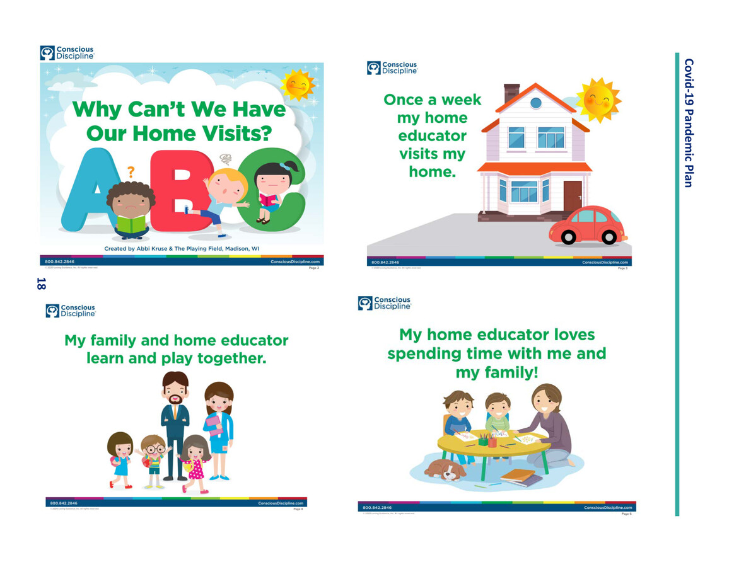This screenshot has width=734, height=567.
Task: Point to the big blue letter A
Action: tap(83, 189)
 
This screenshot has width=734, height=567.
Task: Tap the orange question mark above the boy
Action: tap(131, 172)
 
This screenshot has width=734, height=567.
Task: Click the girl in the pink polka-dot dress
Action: tap(195, 462)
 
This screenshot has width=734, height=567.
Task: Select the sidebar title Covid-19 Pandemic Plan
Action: tap(689, 123)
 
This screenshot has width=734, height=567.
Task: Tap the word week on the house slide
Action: tap(460, 100)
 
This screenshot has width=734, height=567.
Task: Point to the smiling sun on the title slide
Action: tap(297, 84)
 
